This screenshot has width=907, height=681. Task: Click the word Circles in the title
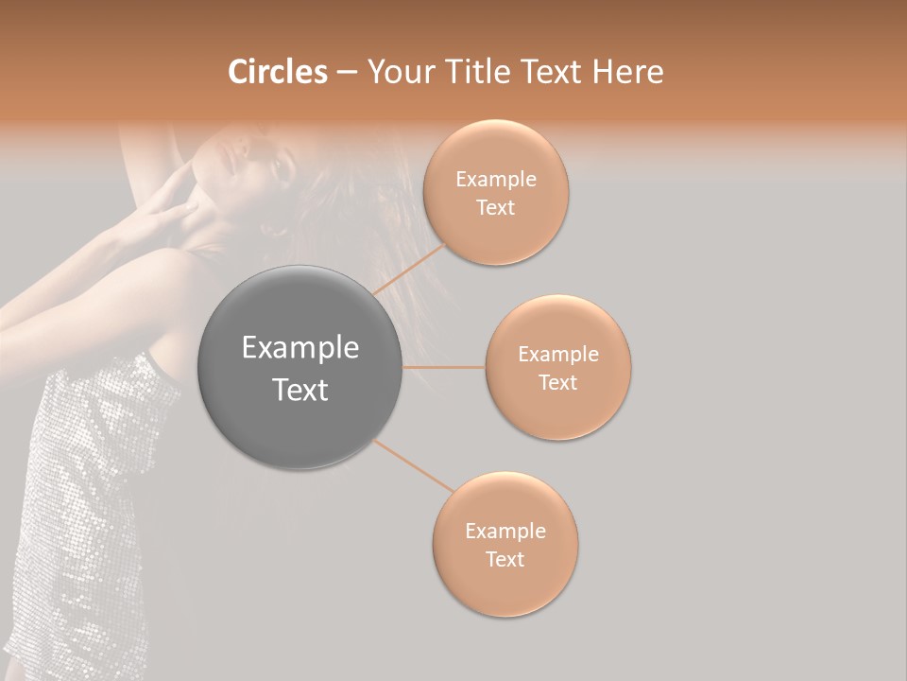[278, 72]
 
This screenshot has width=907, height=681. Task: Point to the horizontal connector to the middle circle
[444, 367]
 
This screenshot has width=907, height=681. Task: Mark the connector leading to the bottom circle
[413, 465]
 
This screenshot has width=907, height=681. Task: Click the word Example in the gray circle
[300, 348]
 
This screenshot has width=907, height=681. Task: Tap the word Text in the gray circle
[300, 390]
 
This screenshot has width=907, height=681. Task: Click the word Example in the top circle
[495, 180]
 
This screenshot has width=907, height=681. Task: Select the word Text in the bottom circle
[505, 559]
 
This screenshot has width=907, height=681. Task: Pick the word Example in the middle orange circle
[557, 355]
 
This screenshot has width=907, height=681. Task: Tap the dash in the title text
[347, 73]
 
